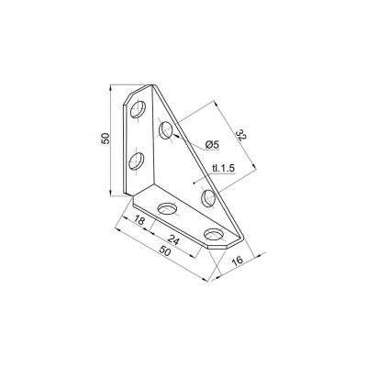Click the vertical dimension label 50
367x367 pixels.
click(106, 139)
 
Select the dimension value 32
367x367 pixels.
click(240, 136)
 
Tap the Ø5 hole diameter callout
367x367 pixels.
click(213, 145)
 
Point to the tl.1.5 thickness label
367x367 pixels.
click(223, 168)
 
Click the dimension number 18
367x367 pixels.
click(139, 220)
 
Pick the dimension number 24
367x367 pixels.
click(172, 240)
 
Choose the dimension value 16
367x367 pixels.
click(238, 261)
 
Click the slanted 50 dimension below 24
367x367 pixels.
click(164, 251)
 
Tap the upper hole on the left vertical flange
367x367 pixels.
click(138, 109)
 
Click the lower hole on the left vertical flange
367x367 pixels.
click(137, 161)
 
